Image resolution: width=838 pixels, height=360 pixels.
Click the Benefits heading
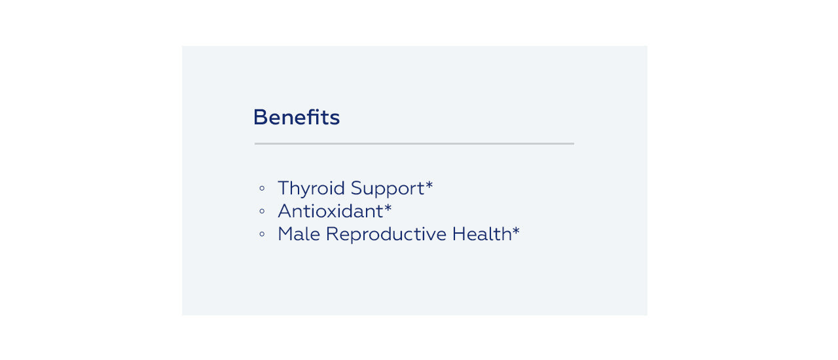297,117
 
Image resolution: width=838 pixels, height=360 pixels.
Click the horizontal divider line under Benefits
414,143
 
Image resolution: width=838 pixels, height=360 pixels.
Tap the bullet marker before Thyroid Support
262,188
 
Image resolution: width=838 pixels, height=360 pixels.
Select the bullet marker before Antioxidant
262,211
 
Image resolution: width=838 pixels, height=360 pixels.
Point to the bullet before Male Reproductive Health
262,234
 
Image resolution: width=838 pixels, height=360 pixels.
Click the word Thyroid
311,189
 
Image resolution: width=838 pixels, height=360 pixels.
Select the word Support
388,189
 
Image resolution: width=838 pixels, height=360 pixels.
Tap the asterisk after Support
429,185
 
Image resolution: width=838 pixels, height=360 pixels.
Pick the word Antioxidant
331,211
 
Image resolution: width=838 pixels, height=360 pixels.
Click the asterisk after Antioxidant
388,207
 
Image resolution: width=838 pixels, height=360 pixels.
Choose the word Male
299,234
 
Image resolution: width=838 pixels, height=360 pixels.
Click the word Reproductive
386,235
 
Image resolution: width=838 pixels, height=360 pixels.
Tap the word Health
482,234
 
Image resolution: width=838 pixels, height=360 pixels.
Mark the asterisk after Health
516,230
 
